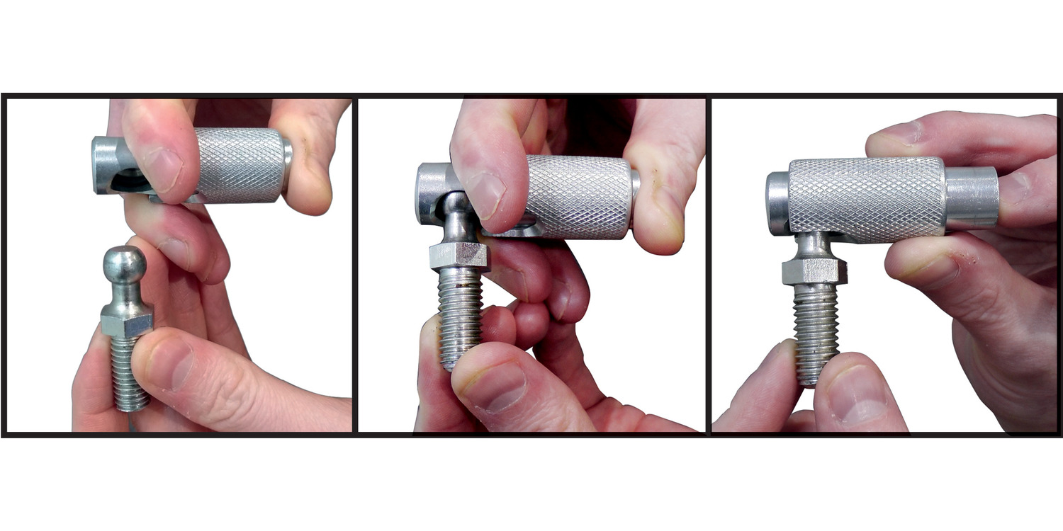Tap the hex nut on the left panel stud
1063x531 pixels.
click(x=127, y=319)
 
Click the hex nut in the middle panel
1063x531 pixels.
click(x=459, y=255)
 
